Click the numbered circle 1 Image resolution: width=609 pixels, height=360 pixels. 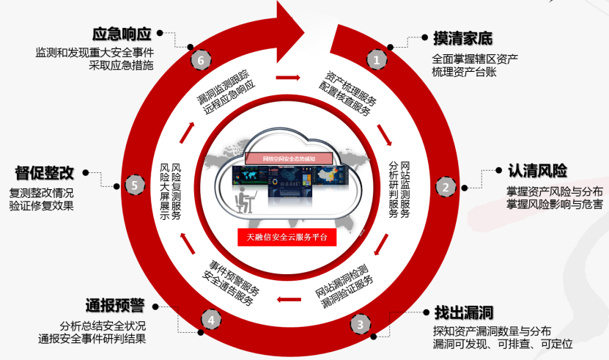377,59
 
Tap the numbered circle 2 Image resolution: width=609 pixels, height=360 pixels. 444,186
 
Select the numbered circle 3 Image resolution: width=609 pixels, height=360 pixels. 360,323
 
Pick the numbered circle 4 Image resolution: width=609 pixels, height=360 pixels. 211,320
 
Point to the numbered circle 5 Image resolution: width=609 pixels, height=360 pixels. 134,185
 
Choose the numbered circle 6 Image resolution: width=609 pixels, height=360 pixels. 199,59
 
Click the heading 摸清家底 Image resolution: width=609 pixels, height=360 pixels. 462,37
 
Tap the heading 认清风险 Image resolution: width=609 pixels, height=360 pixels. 537,170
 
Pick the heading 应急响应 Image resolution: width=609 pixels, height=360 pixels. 122,34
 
